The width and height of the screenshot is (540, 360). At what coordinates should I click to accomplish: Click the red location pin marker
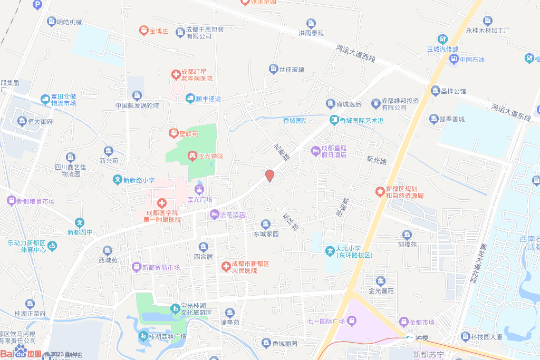(x=269, y=176)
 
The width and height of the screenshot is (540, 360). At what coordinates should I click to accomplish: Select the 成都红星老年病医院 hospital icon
(x=175, y=75)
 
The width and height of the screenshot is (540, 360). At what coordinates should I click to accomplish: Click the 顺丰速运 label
(x=208, y=99)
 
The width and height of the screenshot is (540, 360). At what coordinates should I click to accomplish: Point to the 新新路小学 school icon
(x=118, y=180)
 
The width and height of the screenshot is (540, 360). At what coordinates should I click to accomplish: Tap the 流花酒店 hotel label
(x=233, y=215)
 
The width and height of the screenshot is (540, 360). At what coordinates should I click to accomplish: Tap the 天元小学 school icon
(x=330, y=249)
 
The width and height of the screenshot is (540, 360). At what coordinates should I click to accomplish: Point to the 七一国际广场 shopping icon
(x=352, y=320)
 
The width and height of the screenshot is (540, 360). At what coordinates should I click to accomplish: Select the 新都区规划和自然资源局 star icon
(x=379, y=191)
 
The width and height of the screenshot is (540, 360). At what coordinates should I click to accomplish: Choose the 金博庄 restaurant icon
(x=143, y=31)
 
